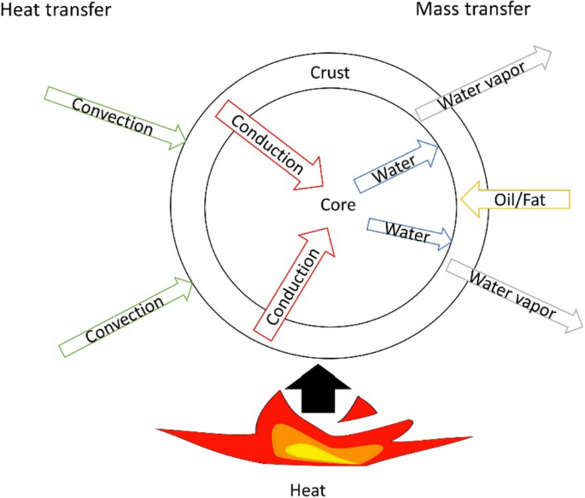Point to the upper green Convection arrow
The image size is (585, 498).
click(x=119, y=117)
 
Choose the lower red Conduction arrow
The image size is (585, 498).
click(x=295, y=281)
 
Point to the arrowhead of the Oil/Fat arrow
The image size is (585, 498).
click(x=471, y=200)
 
